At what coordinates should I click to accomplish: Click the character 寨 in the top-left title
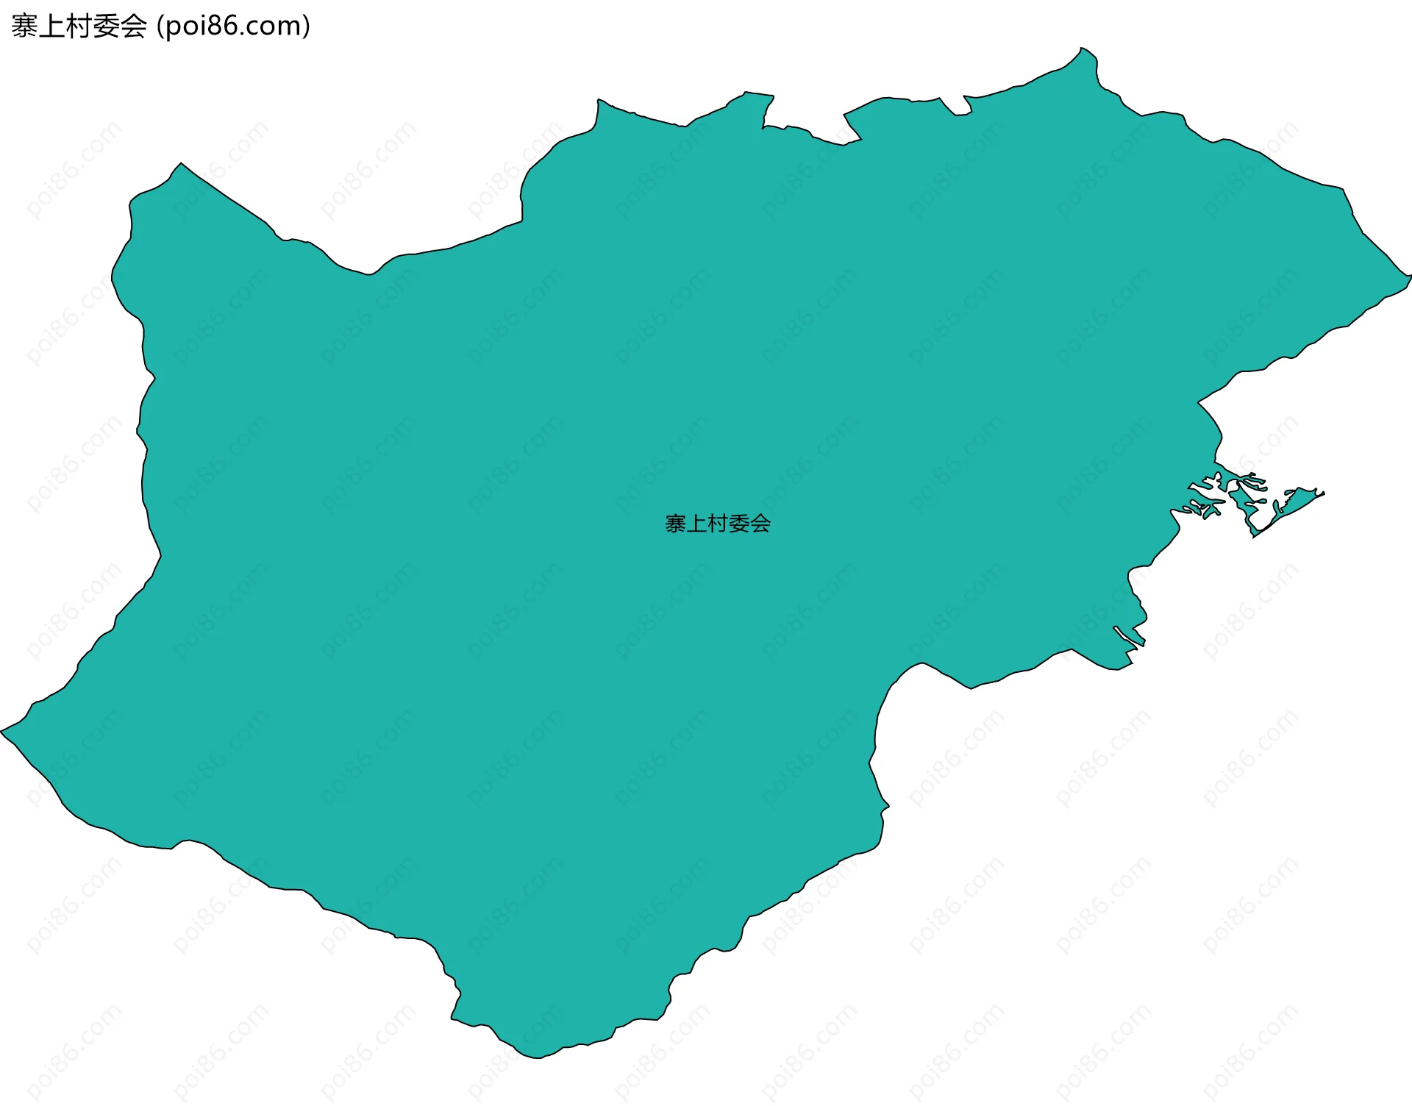tap(24, 26)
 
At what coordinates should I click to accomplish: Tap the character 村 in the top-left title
tap(79, 26)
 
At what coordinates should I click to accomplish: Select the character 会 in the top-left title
tap(133, 26)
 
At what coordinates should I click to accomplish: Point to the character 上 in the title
tap(51, 26)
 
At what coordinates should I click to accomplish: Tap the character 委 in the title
tap(106, 26)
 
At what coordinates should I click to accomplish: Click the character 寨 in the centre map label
tap(675, 524)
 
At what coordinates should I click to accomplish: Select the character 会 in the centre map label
tap(760, 524)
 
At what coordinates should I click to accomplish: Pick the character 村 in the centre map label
tap(718, 524)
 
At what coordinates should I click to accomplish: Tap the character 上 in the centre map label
tap(696, 524)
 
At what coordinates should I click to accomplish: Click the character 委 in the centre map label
tap(739, 524)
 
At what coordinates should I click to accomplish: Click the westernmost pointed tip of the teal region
tap(2, 732)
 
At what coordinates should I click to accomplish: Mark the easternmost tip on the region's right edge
tap(1409, 276)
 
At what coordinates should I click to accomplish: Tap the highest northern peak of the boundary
tap(1081, 49)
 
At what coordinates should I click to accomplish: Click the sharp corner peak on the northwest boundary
tap(181, 164)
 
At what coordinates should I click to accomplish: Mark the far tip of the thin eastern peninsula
tap(1323, 493)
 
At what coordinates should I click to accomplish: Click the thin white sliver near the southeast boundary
tap(1128, 638)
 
